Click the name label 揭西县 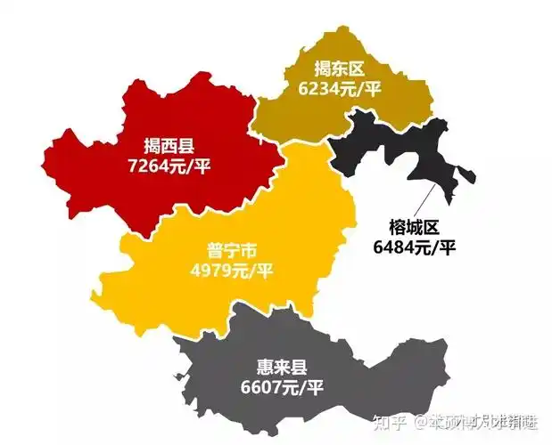172,146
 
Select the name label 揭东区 341,69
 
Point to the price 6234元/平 341,87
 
